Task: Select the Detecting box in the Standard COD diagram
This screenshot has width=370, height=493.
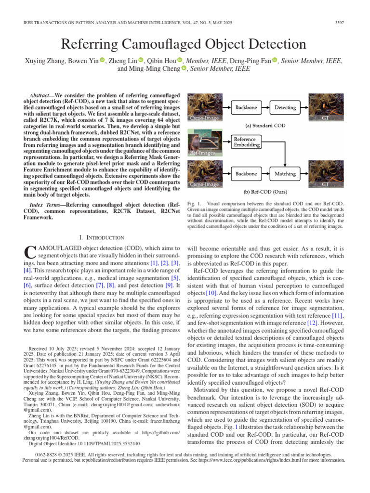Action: point(285,107)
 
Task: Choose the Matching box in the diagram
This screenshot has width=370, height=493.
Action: point(285,173)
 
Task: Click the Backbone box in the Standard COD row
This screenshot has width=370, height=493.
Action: point(246,107)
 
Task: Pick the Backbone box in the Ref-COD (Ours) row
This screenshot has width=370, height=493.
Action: point(246,173)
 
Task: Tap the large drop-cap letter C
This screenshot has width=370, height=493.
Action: point(29,253)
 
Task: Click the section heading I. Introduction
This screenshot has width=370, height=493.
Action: point(101,237)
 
